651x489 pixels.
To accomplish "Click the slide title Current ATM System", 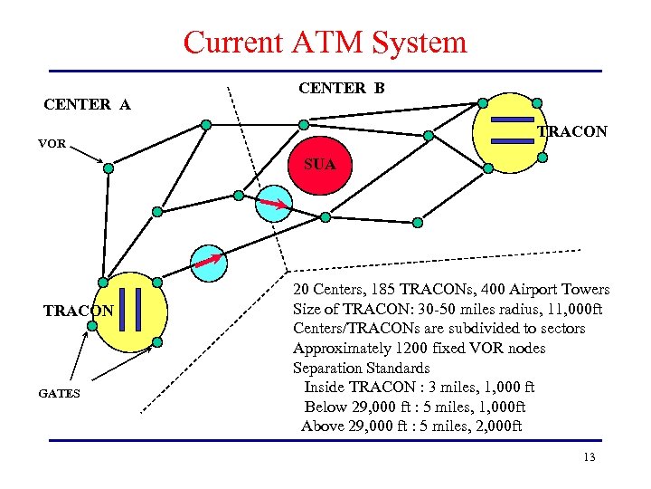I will click(x=325, y=42).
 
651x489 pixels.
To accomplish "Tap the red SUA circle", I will click(x=319, y=165).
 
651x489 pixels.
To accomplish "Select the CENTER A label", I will click(x=87, y=105).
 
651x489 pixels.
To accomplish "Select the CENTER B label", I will click(x=341, y=88).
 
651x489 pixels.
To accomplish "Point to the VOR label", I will click(x=52, y=143).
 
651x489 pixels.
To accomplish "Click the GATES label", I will click(x=59, y=394).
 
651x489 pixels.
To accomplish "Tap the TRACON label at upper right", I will click(x=572, y=132).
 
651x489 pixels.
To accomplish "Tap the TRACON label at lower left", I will click(x=79, y=311).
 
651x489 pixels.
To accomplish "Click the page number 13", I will click(x=590, y=457).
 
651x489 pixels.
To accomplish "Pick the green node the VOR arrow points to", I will click(x=108, y=168).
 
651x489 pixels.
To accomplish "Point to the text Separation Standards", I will click(x=361, y=368).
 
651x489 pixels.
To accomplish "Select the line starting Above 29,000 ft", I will click(x=411, y=427).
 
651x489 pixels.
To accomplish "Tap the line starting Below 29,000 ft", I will click(x=414, y=407).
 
